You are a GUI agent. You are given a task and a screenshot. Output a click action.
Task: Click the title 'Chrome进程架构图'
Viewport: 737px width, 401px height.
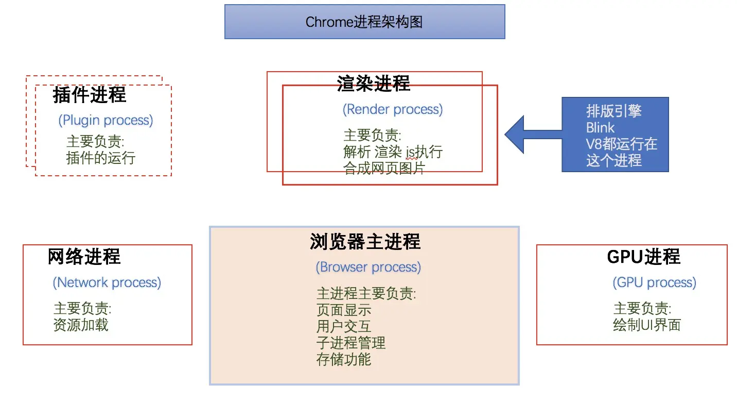click(x=364, y=22)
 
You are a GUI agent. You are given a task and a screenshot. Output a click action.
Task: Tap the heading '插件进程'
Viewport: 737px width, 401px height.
click(x=89, y=95)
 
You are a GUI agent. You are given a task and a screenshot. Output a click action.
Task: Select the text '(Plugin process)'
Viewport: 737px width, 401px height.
click(x=106, y=120)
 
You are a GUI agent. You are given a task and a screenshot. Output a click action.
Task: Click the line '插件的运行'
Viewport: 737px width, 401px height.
click(x=100, y=158)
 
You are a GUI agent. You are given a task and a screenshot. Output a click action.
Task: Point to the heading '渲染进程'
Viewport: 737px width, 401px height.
click(x=374, y=83)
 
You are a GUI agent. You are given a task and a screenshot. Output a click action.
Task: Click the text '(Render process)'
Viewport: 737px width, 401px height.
click(x=393, y=109)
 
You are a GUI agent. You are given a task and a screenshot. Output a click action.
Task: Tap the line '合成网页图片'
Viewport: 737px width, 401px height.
click(x=384, y=168)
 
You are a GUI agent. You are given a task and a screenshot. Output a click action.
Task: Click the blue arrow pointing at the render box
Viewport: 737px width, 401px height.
click(x=530, y=135)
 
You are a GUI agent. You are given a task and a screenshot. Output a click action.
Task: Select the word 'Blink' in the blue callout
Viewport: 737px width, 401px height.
click(x=600, y=127)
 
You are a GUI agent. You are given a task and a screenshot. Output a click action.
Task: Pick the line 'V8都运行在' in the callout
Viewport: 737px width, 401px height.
click(x=622, y=144)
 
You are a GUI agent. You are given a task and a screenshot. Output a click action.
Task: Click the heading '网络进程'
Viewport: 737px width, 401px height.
click(x=84, y=257)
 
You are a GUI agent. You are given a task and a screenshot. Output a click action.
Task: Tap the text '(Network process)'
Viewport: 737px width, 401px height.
click(x=107, y=282)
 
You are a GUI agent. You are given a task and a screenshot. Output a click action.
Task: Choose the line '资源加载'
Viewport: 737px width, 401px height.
click(x=81, y=325)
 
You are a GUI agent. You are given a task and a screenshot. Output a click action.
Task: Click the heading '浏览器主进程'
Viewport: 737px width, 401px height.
click(x=365, y=242)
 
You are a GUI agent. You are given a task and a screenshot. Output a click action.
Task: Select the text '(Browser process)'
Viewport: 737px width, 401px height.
click(x=368, y=267)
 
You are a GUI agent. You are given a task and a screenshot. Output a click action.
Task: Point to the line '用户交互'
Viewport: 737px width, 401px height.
click(x=344, y=326)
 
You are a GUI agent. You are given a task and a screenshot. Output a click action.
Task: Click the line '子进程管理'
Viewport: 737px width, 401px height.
click(x=351, y=343)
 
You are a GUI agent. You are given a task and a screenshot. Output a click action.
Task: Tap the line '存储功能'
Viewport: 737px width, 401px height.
click(x=344, y=359)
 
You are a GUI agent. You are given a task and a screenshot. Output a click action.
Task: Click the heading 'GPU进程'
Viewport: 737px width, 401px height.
click(x=643, y=257)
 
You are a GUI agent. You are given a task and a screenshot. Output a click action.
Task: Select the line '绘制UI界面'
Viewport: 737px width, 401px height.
click(x=647, y=325)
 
